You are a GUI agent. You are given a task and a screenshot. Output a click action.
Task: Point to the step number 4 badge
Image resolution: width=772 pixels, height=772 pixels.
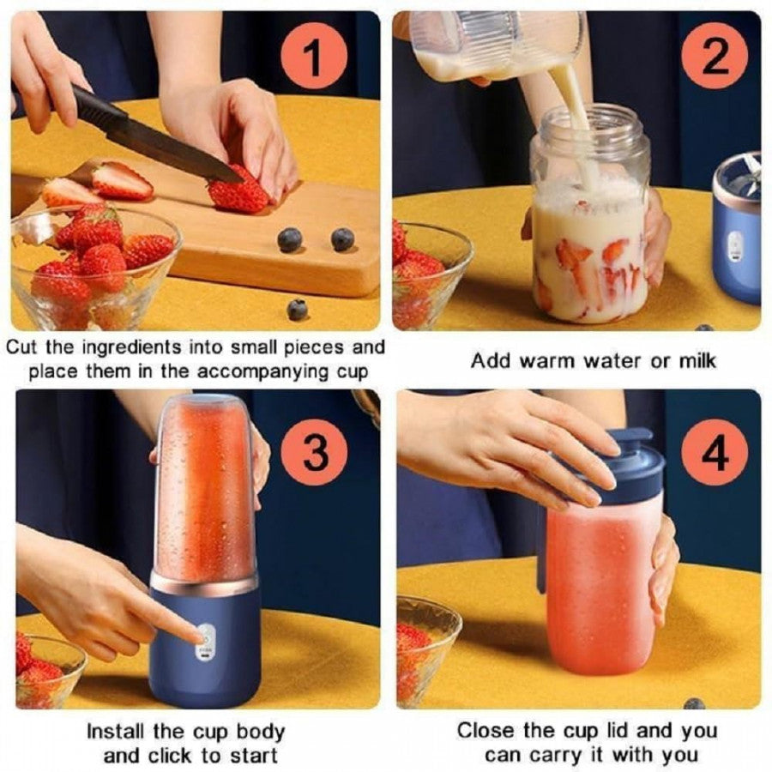pos(715,453)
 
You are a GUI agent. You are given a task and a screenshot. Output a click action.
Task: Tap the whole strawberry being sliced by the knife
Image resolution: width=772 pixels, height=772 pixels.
pos(238,193)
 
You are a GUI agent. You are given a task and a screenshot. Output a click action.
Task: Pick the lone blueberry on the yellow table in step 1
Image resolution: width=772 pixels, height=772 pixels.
pos(297,309)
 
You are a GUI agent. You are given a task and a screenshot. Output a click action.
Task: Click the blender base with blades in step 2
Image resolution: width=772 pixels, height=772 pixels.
pos(738,227)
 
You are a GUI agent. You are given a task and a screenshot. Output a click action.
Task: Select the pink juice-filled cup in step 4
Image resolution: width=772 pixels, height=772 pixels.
pos(600,592)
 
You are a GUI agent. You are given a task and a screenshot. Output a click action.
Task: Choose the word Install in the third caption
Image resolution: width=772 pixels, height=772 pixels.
pos(118,733)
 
